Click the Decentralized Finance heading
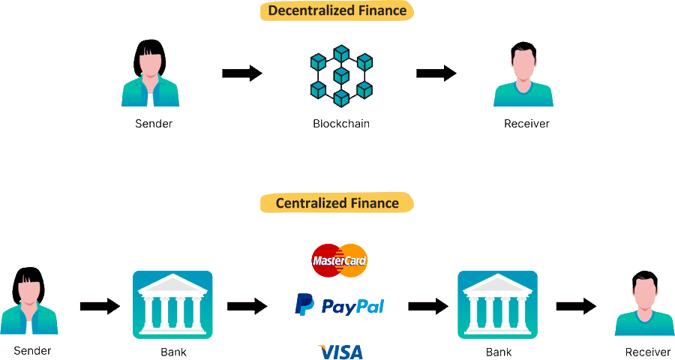coord(337,11)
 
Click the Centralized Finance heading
coord(337,203)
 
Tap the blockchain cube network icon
coord(341,75)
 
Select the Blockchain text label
coord(341,124)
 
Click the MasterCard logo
coord(339,260)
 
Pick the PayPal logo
coord(339,305)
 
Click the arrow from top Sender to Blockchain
coord(242,73)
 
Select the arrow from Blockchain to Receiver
coord(436,73)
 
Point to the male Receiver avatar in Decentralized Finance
coord(523,75)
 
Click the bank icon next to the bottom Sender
coord(172,304)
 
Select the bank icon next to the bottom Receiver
coord(497,304)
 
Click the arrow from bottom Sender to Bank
coord(100,306)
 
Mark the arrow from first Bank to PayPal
coord(247,306)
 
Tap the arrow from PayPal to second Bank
coord(428,306)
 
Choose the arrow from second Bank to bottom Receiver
coord(576,306)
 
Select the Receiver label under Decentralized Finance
coord(526,124)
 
